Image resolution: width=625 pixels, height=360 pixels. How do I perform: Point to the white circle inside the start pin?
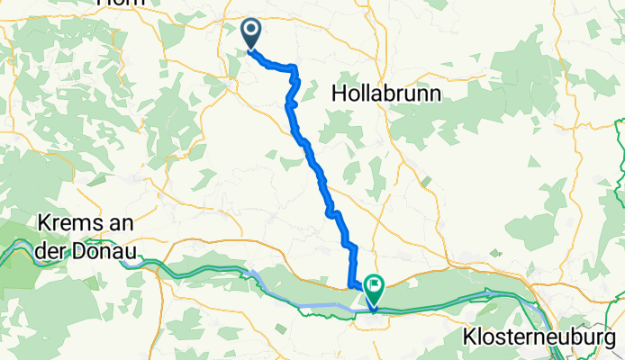[x=249, y=31]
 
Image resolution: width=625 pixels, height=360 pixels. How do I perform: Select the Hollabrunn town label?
[x=385, y=94]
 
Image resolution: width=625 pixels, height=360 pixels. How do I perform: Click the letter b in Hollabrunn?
[x=385, y=94]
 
